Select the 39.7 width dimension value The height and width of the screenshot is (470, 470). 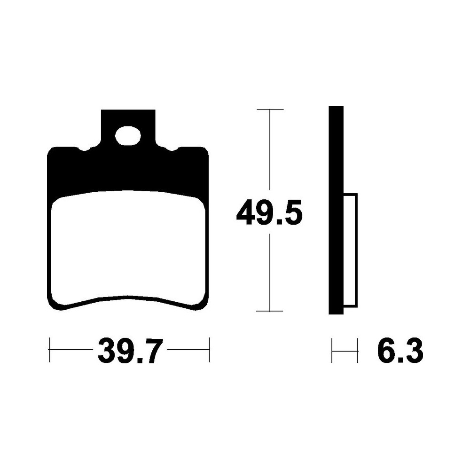point(130,351)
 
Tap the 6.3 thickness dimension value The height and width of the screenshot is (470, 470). point(400,351)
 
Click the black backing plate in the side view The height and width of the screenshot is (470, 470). point(336,210)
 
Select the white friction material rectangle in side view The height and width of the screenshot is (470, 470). point(351,251)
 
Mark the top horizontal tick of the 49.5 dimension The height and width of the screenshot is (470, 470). point(270,110)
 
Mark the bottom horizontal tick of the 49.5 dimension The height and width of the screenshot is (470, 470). point(269,311)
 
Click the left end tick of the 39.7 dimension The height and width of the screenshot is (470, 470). point(49,350)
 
